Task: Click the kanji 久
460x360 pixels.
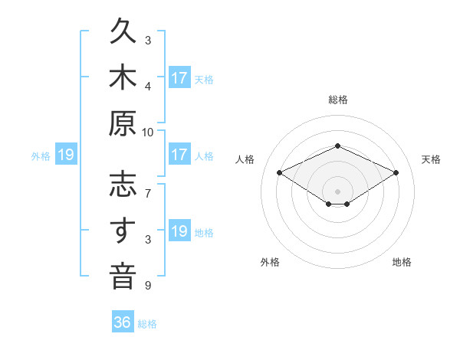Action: [123, 31]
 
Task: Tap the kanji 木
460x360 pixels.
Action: [123, 77]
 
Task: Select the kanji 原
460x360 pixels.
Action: [123, 123]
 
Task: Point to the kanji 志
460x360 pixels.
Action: [123, 184]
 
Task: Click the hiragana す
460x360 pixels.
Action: [123, 230]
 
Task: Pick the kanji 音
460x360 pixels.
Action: [123, 276]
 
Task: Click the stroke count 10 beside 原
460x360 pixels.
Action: [147, 133]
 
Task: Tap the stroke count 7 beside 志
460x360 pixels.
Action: [148, 194]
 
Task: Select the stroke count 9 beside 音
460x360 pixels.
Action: [148, 285]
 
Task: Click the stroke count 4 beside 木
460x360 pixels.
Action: [148, 87]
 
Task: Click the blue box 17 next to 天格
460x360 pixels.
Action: [179, 77]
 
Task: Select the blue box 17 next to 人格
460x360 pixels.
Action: [179, 154]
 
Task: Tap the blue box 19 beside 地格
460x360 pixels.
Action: [179, 230]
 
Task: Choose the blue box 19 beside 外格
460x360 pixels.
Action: [66, 154]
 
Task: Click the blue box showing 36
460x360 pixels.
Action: [123, 321]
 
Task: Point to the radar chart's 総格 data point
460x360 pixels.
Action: [337, 146]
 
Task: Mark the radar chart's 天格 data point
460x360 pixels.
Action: [396, 172]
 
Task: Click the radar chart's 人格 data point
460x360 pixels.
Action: [279, 172]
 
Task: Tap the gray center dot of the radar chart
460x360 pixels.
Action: [337, 191]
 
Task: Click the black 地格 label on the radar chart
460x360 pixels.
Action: [402, 262]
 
